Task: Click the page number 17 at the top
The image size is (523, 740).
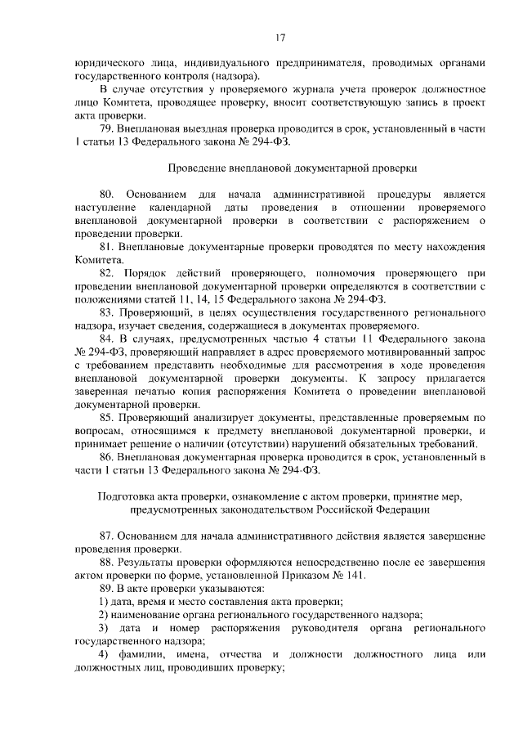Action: click(x=279, y=38)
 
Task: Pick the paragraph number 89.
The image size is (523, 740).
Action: click(x=105, y=589)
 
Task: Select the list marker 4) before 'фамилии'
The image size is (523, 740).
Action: click(x=104, y=655)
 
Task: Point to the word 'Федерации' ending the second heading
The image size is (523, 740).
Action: click(x=400, y=509)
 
